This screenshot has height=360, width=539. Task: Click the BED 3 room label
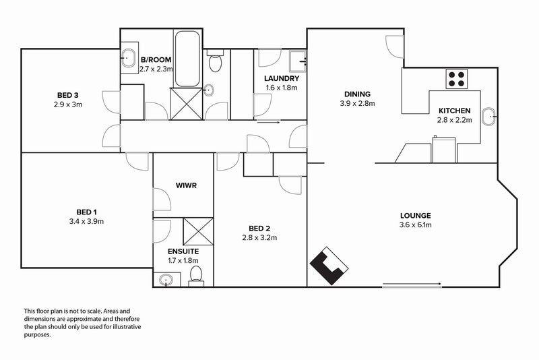tap(68, 95)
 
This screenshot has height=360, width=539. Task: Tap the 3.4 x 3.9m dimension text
tap(86, 221)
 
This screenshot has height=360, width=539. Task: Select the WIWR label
tap(186, 185)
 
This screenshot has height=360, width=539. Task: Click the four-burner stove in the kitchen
tap(457, 79)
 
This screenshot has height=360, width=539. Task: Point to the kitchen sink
tap(489, 117)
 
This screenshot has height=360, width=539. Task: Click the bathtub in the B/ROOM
tap(187, 59)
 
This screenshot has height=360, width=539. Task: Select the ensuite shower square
tap(198, 231)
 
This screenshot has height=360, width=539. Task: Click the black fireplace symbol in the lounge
tap(329, 266)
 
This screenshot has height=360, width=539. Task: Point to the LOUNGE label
tap(415, 216)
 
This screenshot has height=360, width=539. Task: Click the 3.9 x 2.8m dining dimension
tap(358, 103)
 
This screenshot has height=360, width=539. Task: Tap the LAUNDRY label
tap(282, 78)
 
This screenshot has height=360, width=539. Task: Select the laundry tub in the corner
tap(298, 61)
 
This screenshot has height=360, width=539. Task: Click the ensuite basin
tap(166, 279)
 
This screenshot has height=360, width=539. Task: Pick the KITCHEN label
tap(454, 111)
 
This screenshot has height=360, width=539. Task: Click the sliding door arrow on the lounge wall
tap(412, 284)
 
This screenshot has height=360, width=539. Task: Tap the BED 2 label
tap(259, 229)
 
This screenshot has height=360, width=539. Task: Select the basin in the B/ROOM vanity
tap(129, 58)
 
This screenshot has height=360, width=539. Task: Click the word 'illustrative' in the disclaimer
tap(129, 327)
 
